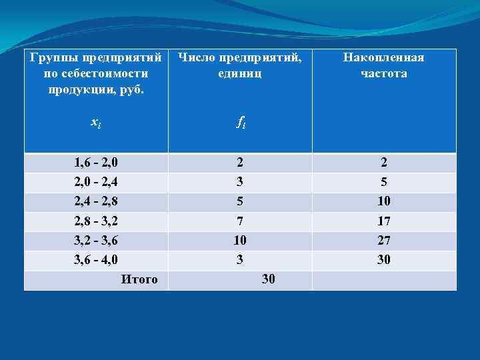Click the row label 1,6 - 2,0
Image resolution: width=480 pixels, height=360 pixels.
tap(96, 162)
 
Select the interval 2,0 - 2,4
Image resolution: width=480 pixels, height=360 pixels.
tap(96, 181)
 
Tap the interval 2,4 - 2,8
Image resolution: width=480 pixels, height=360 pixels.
tap(96, 201)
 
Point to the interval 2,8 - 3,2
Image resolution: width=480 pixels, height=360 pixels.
tap(96, 221)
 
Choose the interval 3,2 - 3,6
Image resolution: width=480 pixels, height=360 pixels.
tap(96, 240)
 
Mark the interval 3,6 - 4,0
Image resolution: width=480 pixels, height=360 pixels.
tap(96, 259)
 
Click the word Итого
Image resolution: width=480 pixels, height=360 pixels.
tap(139, 279)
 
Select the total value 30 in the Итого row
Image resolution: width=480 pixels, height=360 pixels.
tap(268, 279)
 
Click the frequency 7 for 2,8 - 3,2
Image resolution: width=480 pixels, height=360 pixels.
tap(240, 221)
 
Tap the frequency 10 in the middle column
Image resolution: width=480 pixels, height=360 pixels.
tap(240, 240)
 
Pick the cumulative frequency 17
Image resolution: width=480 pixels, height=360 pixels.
tap(383, 221)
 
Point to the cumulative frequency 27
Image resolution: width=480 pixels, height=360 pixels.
tap(383, 240)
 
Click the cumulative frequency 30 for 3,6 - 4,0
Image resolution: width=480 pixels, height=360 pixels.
tap(383, 259)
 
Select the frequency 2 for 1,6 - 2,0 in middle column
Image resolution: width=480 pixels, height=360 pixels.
tap(240, 162)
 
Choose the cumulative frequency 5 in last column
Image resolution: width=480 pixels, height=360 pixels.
tap(383, 181)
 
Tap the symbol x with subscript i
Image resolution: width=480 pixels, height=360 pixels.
tap(95, 122)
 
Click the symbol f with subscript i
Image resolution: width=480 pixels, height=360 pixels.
tap(240, 122)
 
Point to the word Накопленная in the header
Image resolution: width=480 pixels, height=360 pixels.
tap(383, 57)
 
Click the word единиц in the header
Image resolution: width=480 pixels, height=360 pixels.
tap(240, 73)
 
